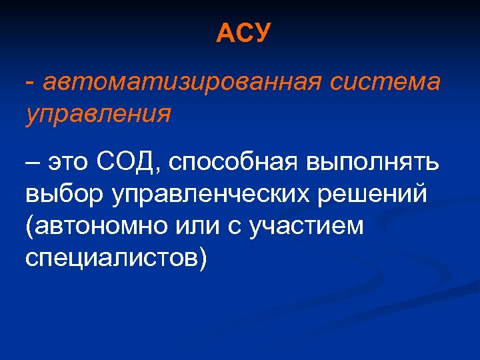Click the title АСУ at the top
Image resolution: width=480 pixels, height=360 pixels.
pyautogui.click(x=243, y=33)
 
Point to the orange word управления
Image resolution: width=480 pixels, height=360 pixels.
pyautogui.click(x=98, y=113)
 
